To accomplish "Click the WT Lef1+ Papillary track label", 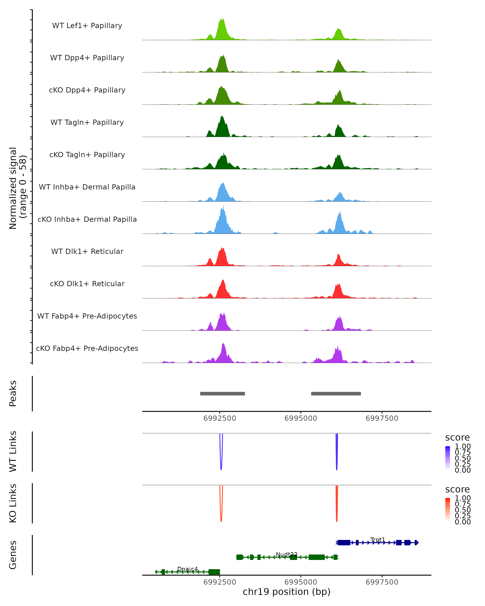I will [x=87, y=26].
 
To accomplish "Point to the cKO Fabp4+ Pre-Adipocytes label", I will [x=87, y=348].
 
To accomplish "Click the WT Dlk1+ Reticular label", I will [x=87, y=251].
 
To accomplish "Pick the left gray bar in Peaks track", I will [x=222, y=393].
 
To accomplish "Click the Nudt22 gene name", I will [x=287, y=554].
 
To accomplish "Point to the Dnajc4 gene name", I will [x=188, y=569].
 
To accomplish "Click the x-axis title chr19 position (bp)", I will [x=287, y=592].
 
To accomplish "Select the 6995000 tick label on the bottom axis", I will [x=300, y=582].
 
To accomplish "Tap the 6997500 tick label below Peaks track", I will [x=382, y=418].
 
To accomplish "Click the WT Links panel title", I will [x=13, y=451].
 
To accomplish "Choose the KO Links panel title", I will [x=13, y=503].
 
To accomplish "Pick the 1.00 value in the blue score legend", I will [x=463, y=446].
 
